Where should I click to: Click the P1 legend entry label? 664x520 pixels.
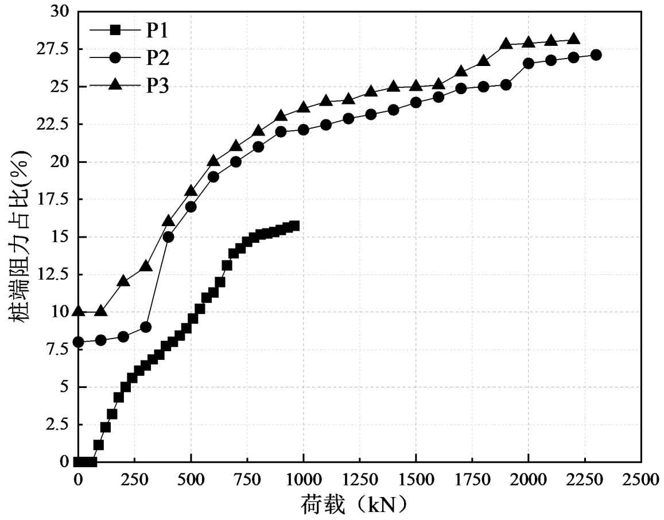157,30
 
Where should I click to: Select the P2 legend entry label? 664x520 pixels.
158,58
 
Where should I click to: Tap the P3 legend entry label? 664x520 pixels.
158,86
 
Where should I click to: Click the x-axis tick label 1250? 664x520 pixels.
359,480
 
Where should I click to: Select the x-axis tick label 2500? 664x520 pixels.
641,480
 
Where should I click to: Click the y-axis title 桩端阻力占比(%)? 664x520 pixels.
19,236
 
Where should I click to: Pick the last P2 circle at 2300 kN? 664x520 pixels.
596,55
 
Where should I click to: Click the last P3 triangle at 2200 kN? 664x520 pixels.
573,38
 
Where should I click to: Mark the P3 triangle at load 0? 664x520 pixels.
79,311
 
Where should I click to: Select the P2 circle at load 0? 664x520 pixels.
79,342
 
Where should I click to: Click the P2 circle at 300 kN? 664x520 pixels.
146,327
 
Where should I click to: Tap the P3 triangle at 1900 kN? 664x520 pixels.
506,43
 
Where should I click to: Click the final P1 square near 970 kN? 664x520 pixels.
295,226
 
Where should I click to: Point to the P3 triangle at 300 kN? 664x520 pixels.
146,266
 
